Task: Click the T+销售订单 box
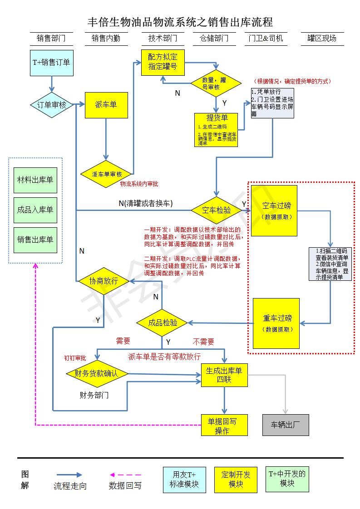coord(51,63)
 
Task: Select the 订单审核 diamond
coord(51,105)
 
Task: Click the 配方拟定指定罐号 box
coord(163,63)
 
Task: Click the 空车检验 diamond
coord(217,210)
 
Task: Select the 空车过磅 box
coord(274,210)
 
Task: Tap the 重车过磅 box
coord(276,323)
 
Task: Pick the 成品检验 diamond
coord(163,323)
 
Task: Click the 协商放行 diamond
coord(104,281)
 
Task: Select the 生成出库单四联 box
coord(224,375)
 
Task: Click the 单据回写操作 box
coord(224,425)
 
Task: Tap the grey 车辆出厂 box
coord(286,425)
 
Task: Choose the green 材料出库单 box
coord(35,180)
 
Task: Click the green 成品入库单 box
coord(35,210)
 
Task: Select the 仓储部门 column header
coord(214,39)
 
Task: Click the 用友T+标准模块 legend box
coord(184,480)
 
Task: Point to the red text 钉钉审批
coord(74,358)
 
